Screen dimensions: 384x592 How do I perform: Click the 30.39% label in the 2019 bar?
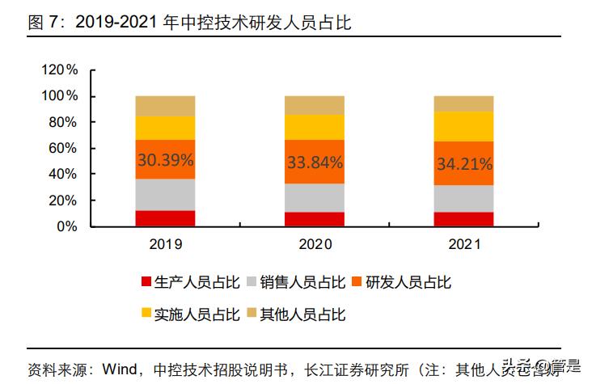click(x=165, y=160)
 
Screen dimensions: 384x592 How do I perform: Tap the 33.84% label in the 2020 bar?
click(x=315, y=162)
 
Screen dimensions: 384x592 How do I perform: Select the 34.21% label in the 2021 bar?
click(x=463, y=164)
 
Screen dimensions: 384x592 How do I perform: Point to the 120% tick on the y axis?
click(x=59, y=70)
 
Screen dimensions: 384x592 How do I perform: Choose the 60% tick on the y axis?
click(x=62, y=148)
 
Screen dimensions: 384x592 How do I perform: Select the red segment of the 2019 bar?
click(x=165, y=218)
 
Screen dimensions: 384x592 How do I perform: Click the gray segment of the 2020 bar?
click(x=315, y=197)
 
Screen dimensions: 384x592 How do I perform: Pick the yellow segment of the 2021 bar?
click(x=463, y=126)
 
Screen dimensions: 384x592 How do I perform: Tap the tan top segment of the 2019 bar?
click(x=165, y=106)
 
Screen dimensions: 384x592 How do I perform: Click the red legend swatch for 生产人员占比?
click(x=146, y=282)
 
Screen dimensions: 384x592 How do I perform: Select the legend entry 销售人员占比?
click(x=302, y=282)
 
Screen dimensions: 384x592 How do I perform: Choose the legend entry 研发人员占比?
click(x=408, y=282)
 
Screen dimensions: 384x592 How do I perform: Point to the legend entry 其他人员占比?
click(x=302, y=314)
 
